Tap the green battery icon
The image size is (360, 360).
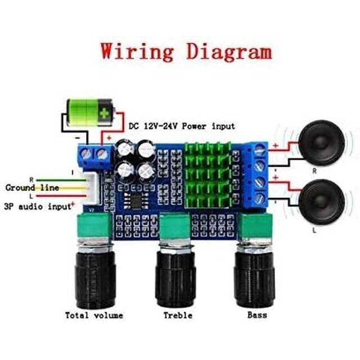[x=89, y=112]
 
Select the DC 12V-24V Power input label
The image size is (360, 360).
[x=182, y=126]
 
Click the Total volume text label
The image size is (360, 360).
[x=94, y=315]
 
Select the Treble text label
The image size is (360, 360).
[x=178, y=315]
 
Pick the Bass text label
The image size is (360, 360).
[x=257, y=315]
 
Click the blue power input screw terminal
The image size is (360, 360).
[x=94, y=154]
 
